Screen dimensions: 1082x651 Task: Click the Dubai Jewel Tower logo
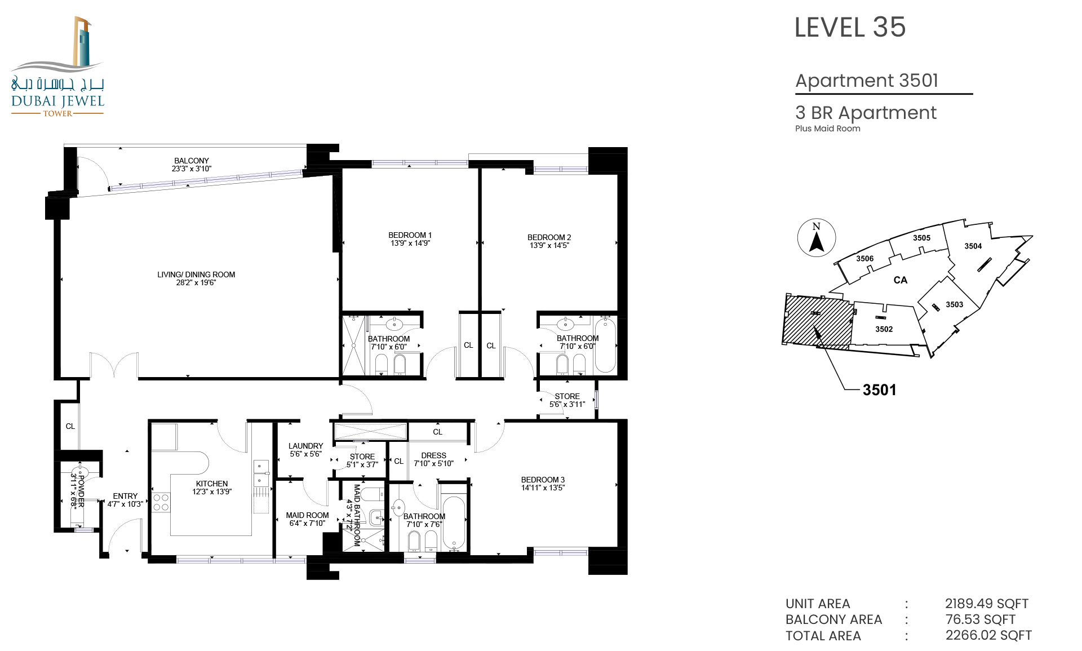pos(57,67)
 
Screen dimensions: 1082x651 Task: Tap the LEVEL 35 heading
pos(850,27)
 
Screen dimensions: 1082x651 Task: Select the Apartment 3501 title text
pos(867,81)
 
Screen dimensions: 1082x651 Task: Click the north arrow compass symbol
pos(817,237)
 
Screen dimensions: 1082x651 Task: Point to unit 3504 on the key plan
pos(973,246)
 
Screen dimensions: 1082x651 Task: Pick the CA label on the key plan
pos(900,280)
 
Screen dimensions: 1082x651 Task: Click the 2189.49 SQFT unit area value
pos(987,604)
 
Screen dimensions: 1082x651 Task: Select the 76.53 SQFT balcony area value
pos(981,619)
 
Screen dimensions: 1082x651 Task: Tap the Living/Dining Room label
pos(196,274)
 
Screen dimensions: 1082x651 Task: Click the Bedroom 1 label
pos(410,235)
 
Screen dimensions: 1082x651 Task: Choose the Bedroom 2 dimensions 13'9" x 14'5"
pos(549,245)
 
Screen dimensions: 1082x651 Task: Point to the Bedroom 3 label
pos(543,480)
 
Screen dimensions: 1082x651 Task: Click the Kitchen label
pos(212,484)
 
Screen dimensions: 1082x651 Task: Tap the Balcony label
pos(192,161)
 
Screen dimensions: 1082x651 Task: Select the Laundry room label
pos(306,446)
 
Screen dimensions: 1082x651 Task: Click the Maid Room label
pos(307,515)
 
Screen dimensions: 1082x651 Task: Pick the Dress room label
pos(434,455)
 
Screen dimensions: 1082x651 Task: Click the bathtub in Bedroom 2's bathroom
pos(605,344)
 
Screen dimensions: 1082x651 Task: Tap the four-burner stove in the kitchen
pos(161,502)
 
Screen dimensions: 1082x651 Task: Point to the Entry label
pos(125,496)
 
